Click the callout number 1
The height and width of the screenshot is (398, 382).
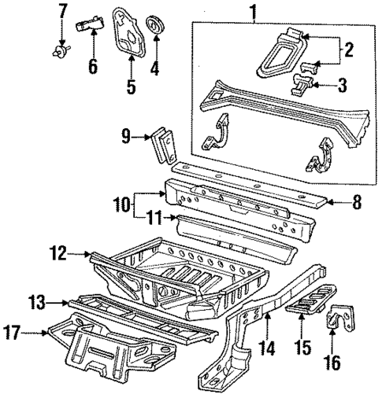(253, 12)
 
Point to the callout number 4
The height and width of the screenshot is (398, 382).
(155, 68)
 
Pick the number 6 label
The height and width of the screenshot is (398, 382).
(93, 66)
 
